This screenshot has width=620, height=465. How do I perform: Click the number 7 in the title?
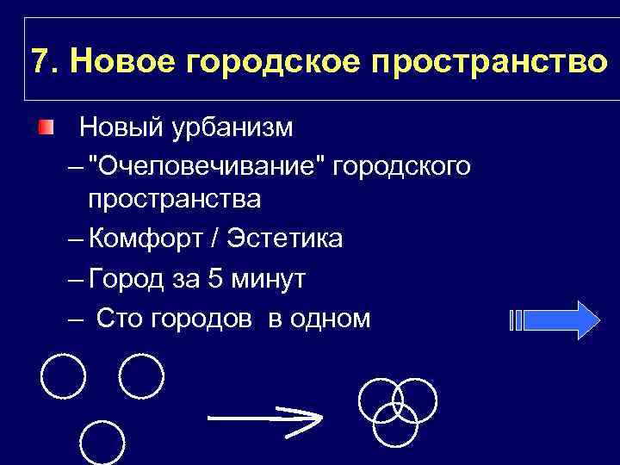pos(39,61)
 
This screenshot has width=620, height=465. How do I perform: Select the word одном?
pos(332,319)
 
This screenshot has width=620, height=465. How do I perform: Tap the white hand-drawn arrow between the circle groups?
pos(264,418)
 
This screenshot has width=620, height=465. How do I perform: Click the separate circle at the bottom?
pos(102,442)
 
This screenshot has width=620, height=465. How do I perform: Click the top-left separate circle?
pos(63,377)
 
